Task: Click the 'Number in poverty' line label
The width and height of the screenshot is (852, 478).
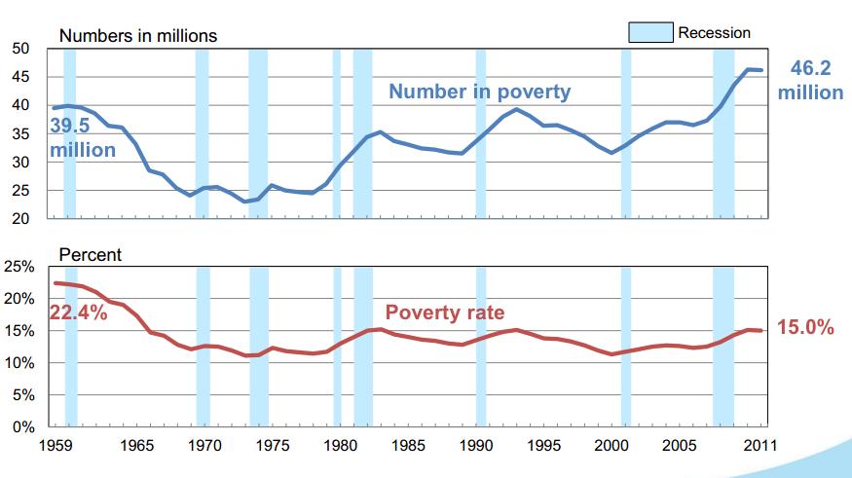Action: click(x=479, y=92)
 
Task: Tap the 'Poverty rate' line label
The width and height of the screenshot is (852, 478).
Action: click(x=445, y=313)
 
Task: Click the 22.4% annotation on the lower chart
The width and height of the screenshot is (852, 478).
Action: click(x=78, y=313)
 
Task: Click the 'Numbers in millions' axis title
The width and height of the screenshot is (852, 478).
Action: click(x=138, y=36)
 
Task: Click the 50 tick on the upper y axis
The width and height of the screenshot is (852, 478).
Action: click(x=20, y=49)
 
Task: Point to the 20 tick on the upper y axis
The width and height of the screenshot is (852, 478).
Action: click(x=20, y=219)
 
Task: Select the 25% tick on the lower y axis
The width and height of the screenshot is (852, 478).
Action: click(x=20, y=267)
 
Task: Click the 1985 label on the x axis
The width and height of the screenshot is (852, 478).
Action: click(x=409, y=449)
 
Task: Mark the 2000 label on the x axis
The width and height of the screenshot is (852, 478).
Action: click(x=612, y=449)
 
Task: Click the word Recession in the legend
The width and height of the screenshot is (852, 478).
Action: click(x=714, y=33)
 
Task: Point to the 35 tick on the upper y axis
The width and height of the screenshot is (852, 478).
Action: click(x=20, y=133)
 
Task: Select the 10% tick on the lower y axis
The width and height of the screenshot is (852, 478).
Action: click(x=20, y=363)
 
